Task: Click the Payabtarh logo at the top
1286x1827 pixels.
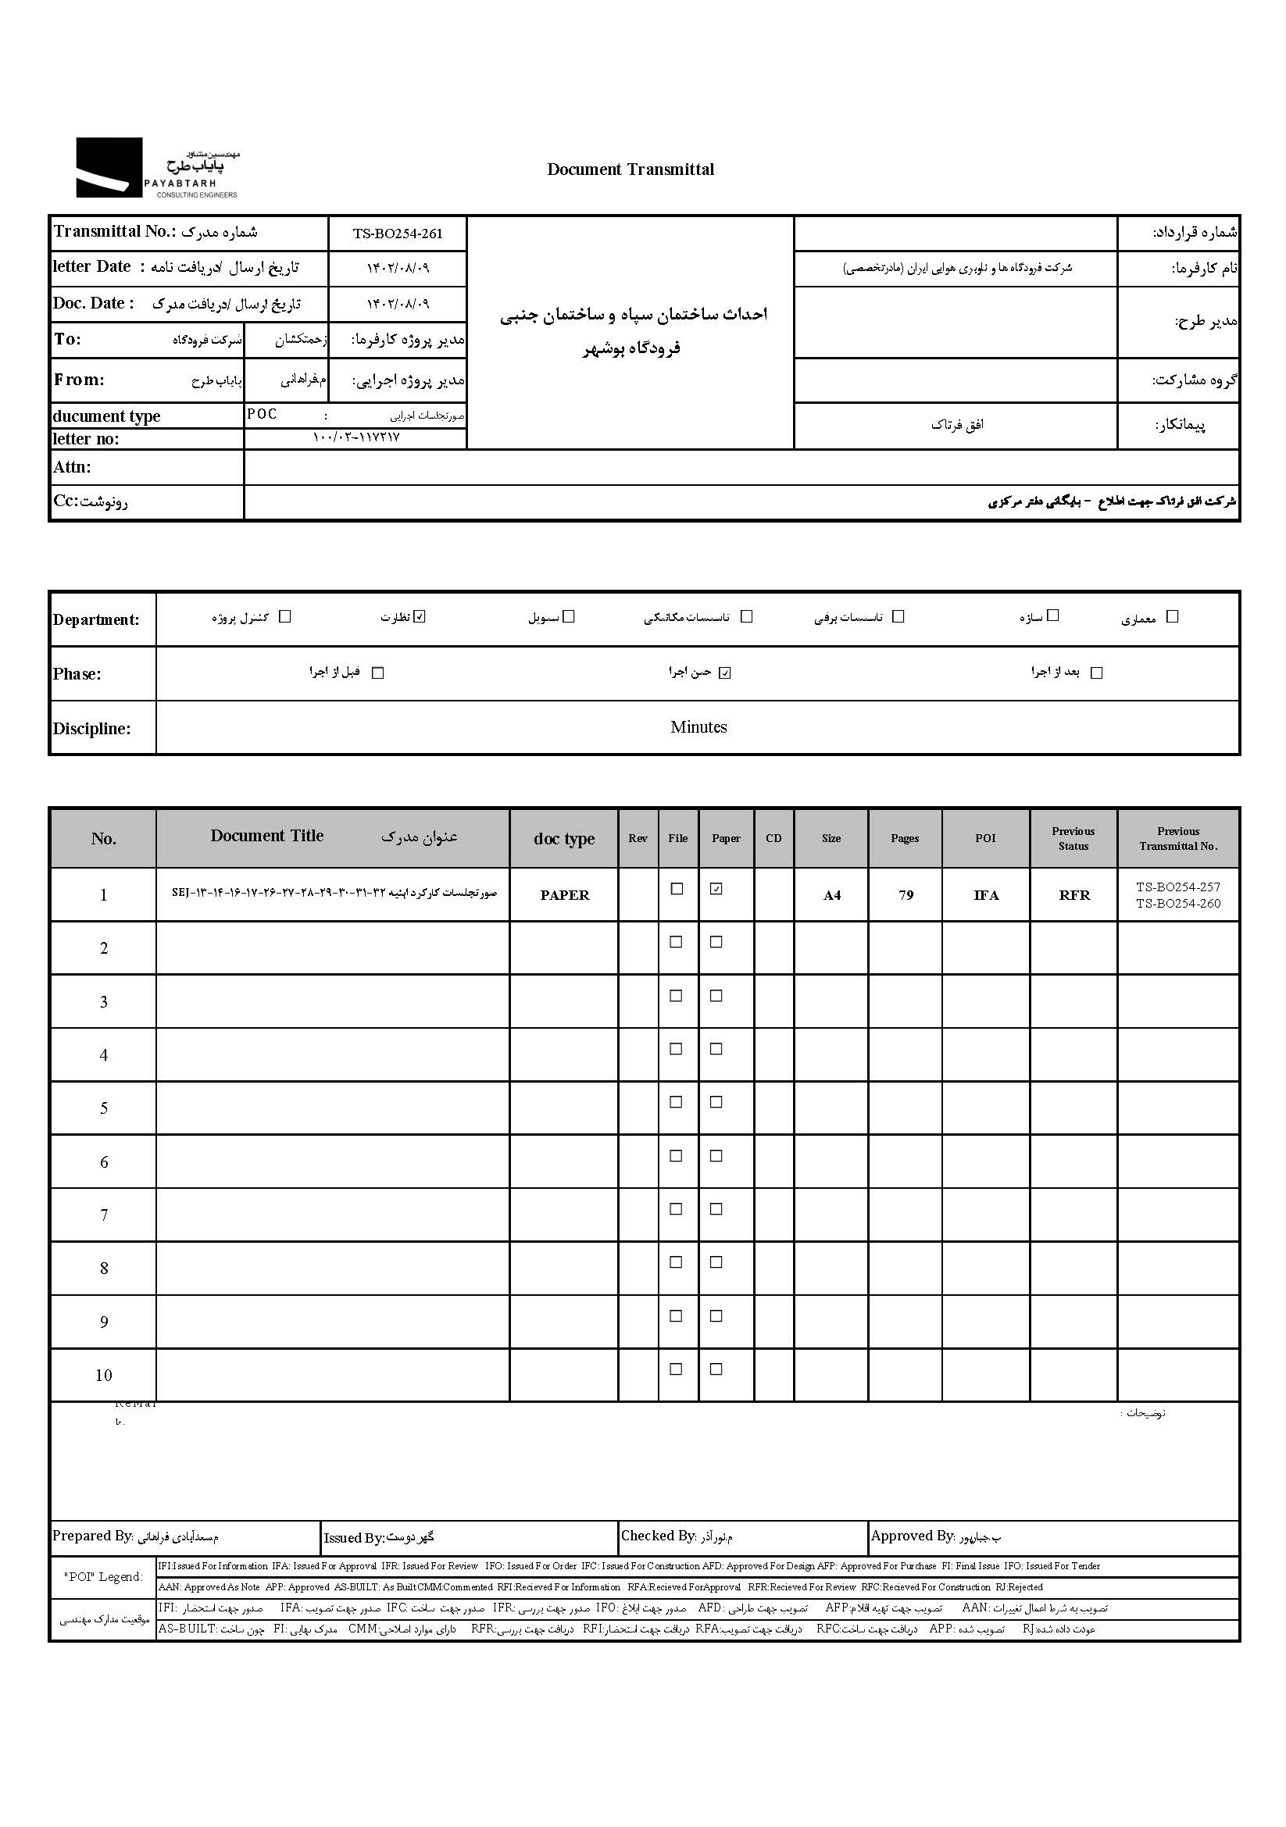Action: (x=157, y=168)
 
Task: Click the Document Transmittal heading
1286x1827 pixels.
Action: (x=630, y=169)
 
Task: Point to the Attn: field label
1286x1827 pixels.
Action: (x=73, y=467)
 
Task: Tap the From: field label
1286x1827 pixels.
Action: (x=79, y=380)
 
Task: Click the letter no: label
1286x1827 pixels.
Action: (x=86, y=439)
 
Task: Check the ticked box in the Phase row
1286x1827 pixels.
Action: (x=724, y=673)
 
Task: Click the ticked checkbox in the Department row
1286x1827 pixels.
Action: (x=420, y=617)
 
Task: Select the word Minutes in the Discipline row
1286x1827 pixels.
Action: (x=698, y=727)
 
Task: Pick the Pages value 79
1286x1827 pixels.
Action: (x=906, y=895)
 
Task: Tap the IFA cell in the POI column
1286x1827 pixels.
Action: (x=986, y=895)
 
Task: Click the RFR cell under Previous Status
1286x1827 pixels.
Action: (x=1073, y=895)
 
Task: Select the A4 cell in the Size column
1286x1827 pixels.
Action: (x=831, y=896)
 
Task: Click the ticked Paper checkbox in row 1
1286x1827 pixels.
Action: (x=716, y=890)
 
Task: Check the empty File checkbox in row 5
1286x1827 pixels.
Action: (x=677, y=1102)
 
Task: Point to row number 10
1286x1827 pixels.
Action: (x=103, y=1376)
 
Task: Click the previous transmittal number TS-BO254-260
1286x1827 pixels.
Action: (x=1177, y=904)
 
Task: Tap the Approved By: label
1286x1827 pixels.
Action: (x=912, y=1536)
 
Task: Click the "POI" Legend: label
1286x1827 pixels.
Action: (x=103, y=1577)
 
